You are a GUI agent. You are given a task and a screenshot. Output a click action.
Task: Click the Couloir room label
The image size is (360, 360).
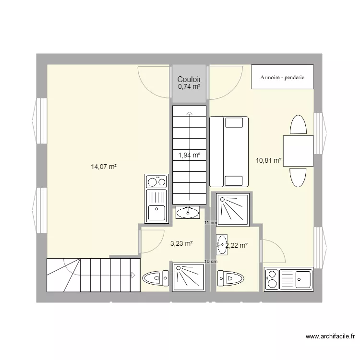click(189, 80)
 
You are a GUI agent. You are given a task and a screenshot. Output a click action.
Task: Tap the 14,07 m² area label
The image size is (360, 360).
click(104, 167)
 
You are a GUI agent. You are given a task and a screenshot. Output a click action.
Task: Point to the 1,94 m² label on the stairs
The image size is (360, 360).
click(189, 155)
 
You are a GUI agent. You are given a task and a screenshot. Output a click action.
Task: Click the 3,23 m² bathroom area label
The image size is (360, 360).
click(181, 244)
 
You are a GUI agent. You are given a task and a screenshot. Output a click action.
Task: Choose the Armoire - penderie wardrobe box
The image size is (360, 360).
click(283, 77)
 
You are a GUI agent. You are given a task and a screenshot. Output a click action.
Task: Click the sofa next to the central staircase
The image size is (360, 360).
click(229, 151)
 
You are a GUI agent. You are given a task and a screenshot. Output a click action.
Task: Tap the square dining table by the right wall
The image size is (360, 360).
click(298, 151)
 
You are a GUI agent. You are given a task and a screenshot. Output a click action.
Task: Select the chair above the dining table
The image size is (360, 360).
click(298, 125)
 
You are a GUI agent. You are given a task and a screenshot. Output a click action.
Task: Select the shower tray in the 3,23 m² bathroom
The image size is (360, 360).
click(188, 277)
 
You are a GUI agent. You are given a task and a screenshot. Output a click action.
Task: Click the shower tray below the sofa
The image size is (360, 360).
click(233, 209)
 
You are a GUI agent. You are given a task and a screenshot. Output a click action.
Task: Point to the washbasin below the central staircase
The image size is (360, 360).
click(188, 212)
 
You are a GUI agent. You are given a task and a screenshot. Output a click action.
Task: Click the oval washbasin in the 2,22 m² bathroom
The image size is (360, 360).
click(222, 243)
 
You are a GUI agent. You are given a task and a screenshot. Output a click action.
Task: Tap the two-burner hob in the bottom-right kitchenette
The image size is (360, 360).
click(271, 279)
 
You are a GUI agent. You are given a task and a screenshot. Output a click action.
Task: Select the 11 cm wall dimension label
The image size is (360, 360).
click(210, 223)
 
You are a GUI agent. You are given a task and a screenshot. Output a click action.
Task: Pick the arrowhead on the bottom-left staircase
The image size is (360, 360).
click(132, 275)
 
